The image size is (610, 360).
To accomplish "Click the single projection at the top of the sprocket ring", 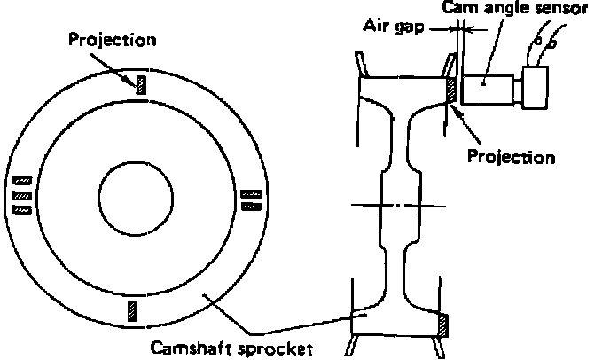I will (139, 82).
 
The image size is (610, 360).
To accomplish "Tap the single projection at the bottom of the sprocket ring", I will (134, 309).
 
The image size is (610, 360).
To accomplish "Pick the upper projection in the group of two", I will (252, 192).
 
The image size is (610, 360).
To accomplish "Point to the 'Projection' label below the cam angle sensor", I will (510, 157).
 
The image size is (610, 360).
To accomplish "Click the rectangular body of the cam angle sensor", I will (488, 89).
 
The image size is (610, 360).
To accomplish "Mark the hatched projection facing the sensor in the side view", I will (450, 90).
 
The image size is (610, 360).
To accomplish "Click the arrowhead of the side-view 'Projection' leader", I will (455, 106).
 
